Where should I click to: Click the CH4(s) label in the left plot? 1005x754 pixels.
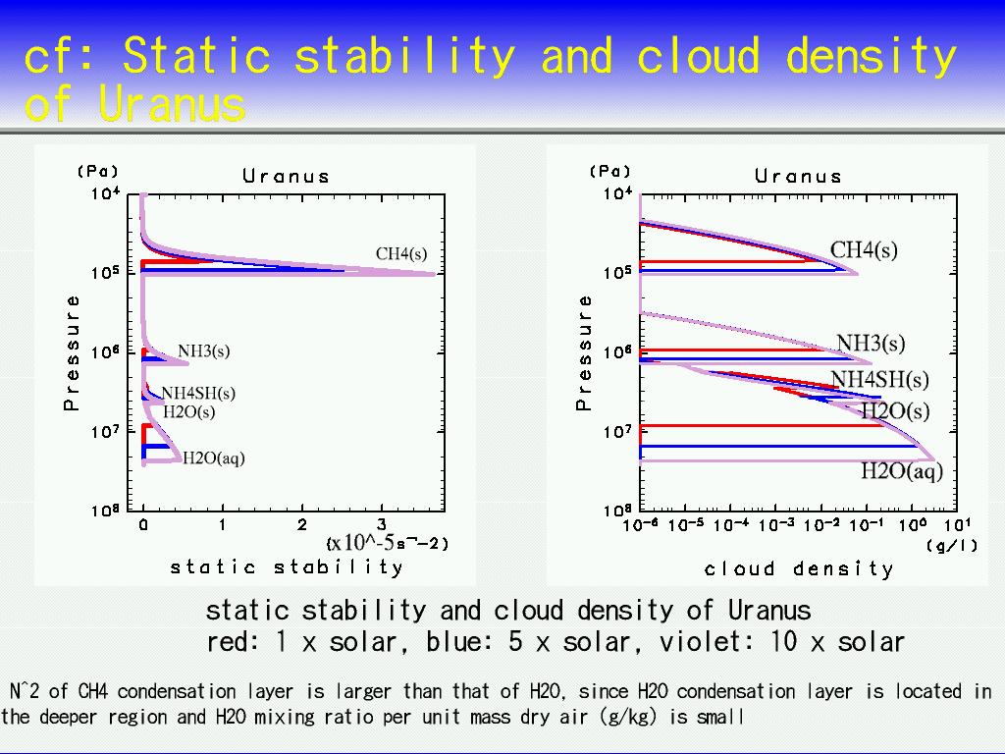click(401, 254)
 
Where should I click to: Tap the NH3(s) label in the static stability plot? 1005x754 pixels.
click(204, 351)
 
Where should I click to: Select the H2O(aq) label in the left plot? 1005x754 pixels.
click(214, 458)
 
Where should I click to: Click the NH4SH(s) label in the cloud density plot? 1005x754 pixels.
click(880, 380)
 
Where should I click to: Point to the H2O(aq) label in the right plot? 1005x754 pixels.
click(902, 471)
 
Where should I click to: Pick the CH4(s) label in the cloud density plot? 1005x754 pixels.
click(864, 250)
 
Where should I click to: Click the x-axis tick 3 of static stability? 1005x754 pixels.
click(382, 525)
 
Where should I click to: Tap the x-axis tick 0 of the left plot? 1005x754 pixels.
click(143, 525)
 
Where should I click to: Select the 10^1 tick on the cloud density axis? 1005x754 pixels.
click(958, 524)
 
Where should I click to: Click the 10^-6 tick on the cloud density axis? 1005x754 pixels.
click(641, 524)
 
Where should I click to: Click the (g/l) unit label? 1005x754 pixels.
click(952, 546)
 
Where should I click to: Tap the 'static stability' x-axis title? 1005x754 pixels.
click(287, 566)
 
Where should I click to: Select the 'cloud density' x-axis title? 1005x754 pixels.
click(799, 568)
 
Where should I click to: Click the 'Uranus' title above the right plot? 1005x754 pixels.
click(798, 177)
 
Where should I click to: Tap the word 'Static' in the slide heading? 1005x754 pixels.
click(196, 55)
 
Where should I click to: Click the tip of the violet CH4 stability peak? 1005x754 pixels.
click(435, 274)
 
